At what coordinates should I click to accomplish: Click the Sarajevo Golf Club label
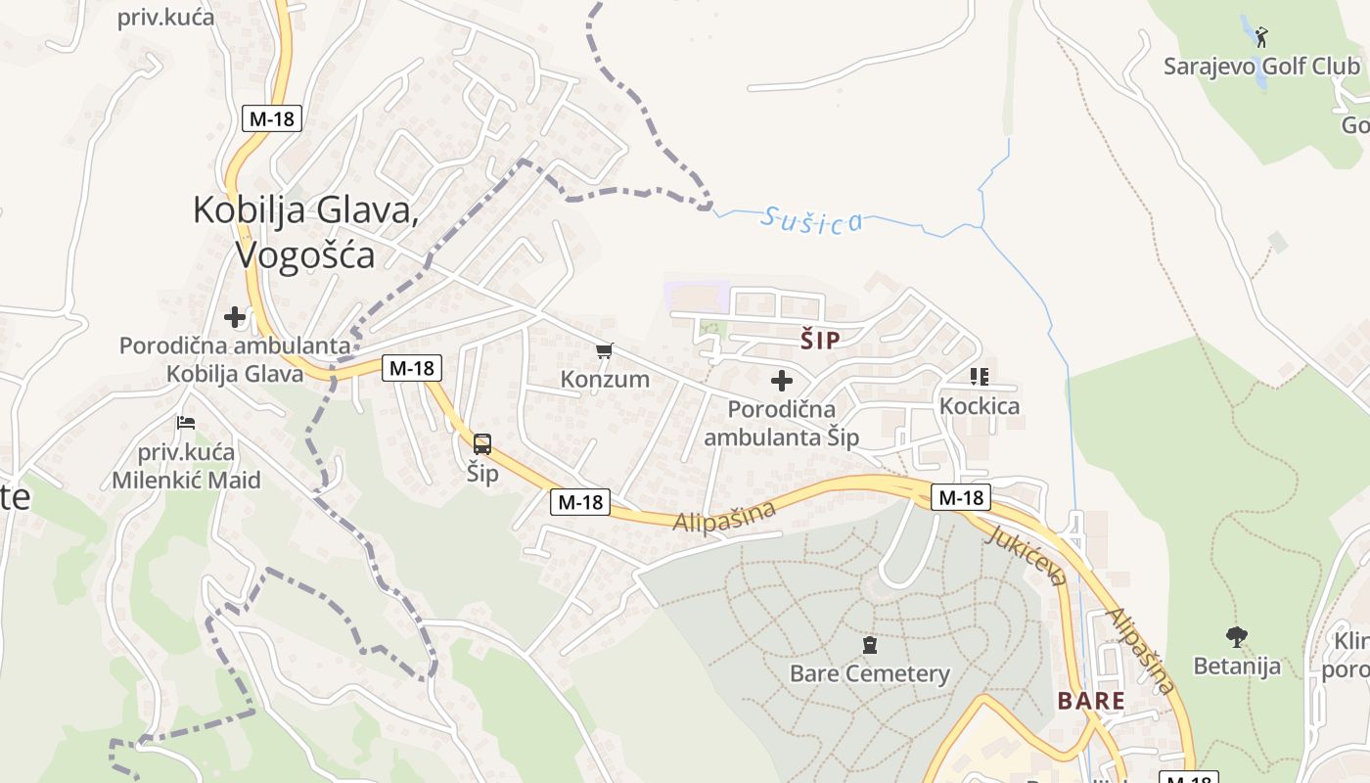(x=1261, y=67)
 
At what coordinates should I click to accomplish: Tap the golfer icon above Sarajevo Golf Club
(x=1261, y=37)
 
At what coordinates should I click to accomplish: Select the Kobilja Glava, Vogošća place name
(x=306, y=232)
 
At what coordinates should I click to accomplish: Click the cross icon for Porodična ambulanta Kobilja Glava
(x=235, y=316)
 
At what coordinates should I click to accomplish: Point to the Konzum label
(x=605, y=379)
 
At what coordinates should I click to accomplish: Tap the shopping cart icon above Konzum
(x=605, y=350)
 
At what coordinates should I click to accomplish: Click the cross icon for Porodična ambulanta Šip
(x=782, y=380)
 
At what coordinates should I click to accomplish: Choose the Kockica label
(x=979, y=405)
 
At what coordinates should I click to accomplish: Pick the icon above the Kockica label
(x=980, y=376)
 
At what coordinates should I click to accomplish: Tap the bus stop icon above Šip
(x=482, y=444)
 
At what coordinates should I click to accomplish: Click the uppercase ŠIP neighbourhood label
(x=820, y=341)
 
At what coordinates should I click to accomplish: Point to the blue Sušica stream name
(x=811, y=220)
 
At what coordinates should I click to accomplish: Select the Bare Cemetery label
(x=869, y=673)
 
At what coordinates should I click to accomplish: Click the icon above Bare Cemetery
(x=869, y=645)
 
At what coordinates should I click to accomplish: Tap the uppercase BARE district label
(x=1091, y=701)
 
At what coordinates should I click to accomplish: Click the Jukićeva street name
(x=1026, y=555)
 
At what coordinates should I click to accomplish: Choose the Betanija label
(x=1237, y=667)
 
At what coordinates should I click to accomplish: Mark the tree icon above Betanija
(x=1237, y=637)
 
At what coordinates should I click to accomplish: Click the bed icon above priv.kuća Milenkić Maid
(x=186, y=423)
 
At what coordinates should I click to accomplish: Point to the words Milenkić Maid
(x=186, y=480)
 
